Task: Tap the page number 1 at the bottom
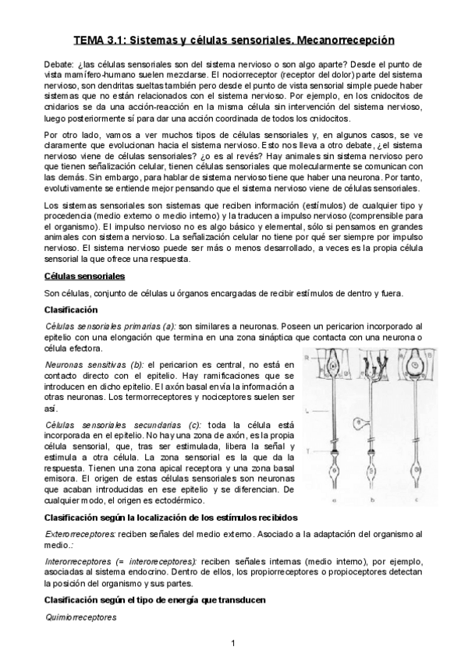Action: click(x=233, y=643)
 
